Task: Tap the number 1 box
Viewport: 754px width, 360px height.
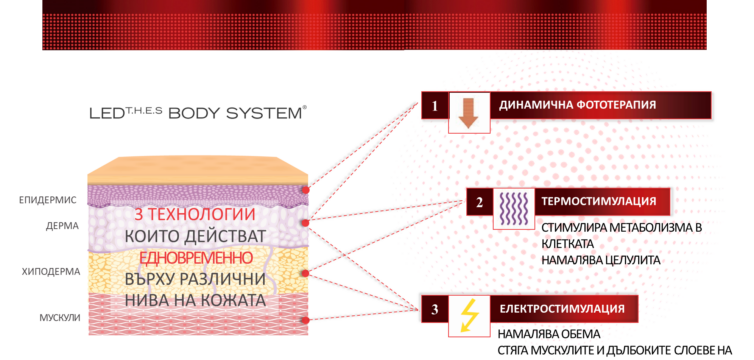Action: (434, 104)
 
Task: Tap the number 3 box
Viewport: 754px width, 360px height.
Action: (434, 308)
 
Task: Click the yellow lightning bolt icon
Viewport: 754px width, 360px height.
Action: (468, 315)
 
